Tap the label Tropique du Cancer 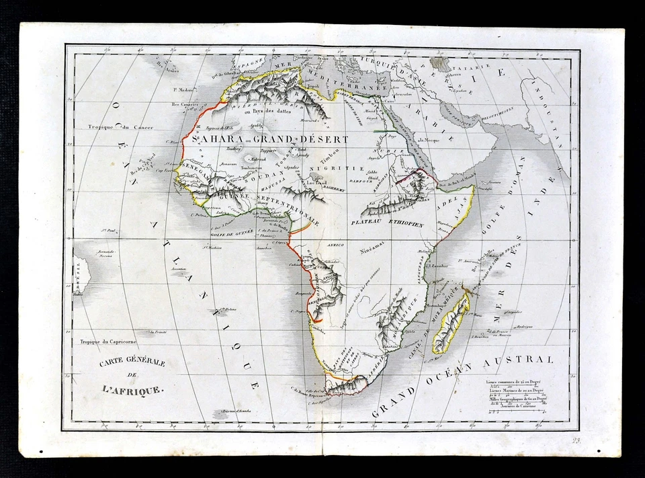[x=125, y=127]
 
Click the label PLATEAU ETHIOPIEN [x=387, y=223]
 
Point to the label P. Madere [x=182, y=89]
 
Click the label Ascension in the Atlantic [x=178, y=268]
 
